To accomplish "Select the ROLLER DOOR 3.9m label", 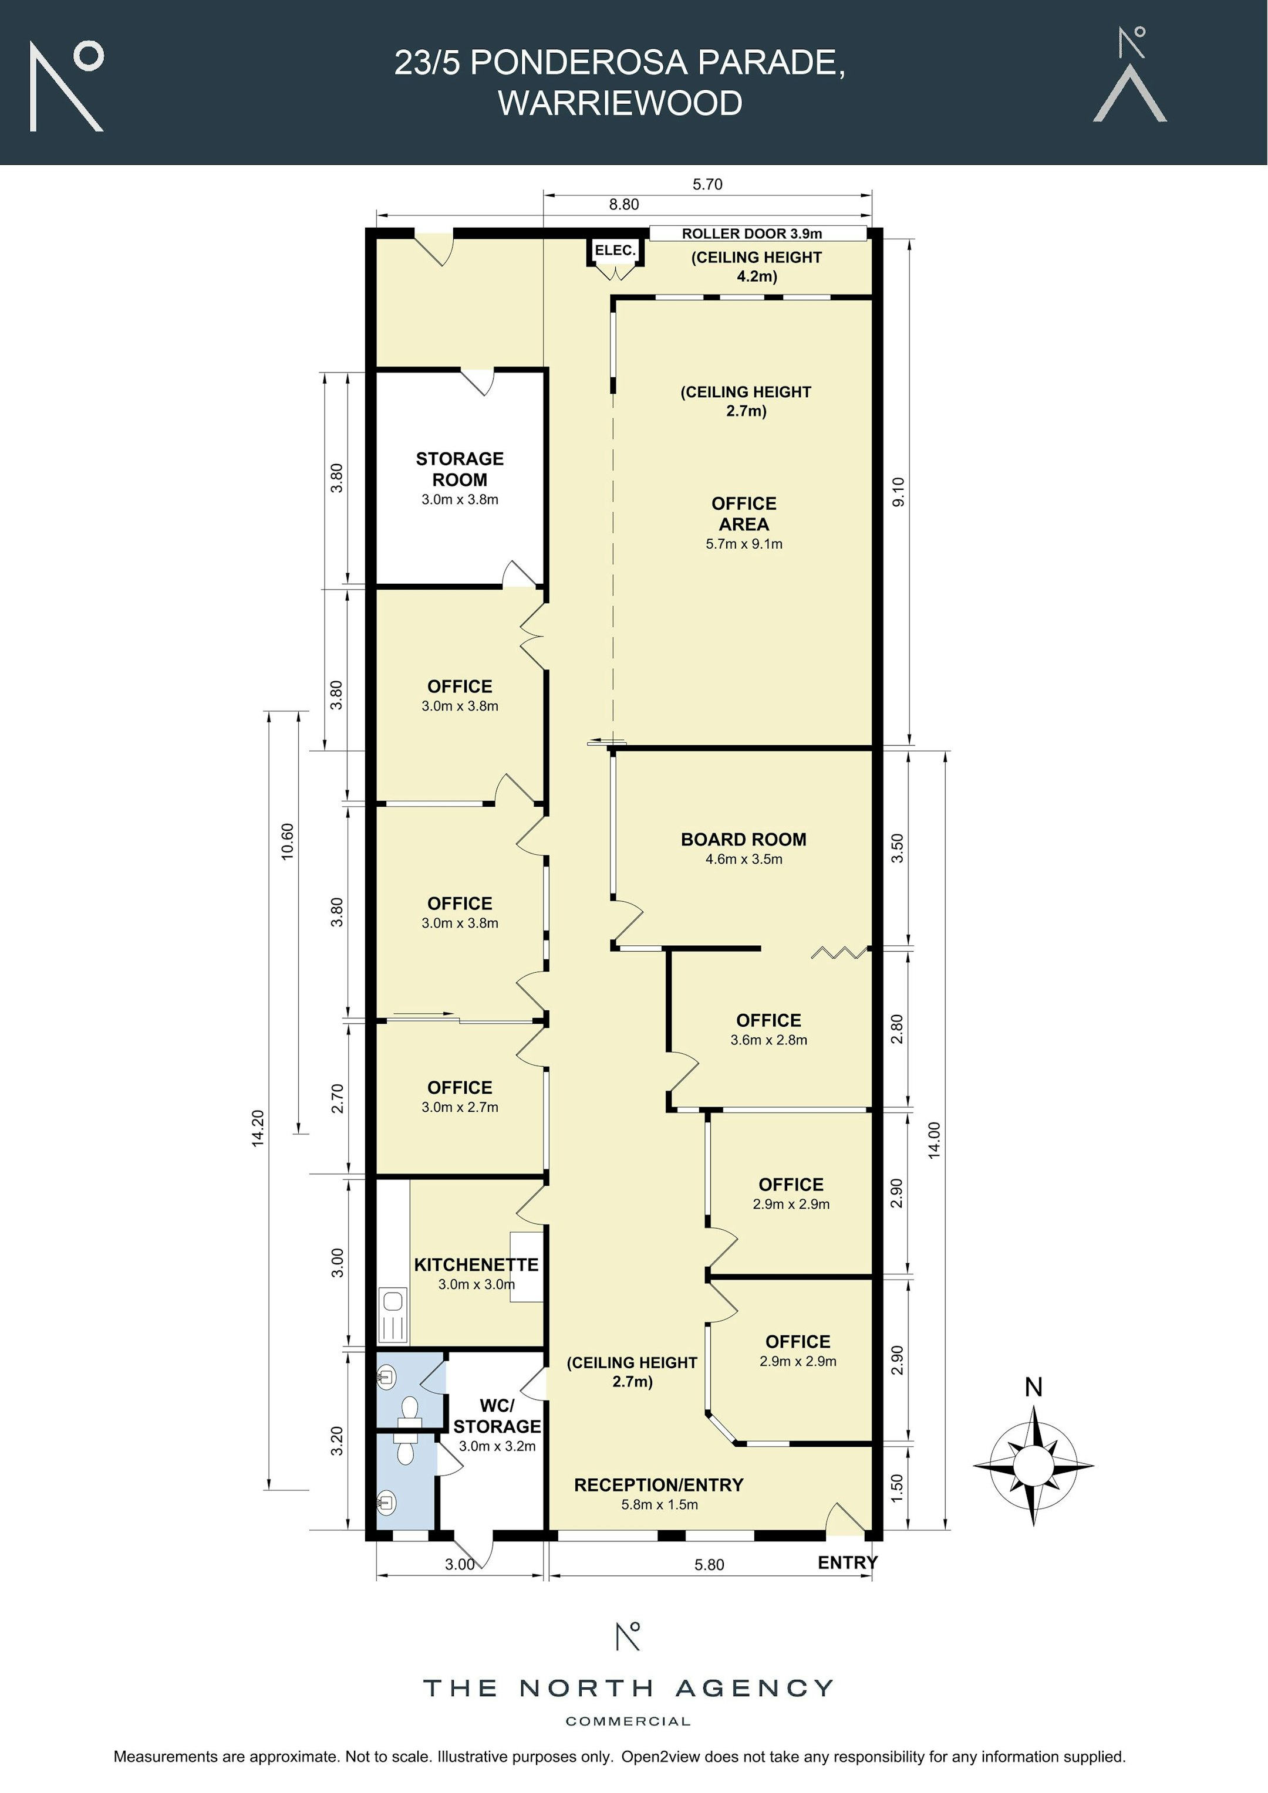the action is click(x=751, y=234).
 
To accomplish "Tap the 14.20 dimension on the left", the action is click(x=258, y=1128).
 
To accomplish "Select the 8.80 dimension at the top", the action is click(x=623, y=205).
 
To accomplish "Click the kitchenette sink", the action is click(x=392, y=1315).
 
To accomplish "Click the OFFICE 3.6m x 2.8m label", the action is click(x=769, y=1029).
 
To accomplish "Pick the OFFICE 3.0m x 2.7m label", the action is click(x=460, y=1097).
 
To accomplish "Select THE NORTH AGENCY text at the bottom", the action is click(x=628, y=1689).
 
